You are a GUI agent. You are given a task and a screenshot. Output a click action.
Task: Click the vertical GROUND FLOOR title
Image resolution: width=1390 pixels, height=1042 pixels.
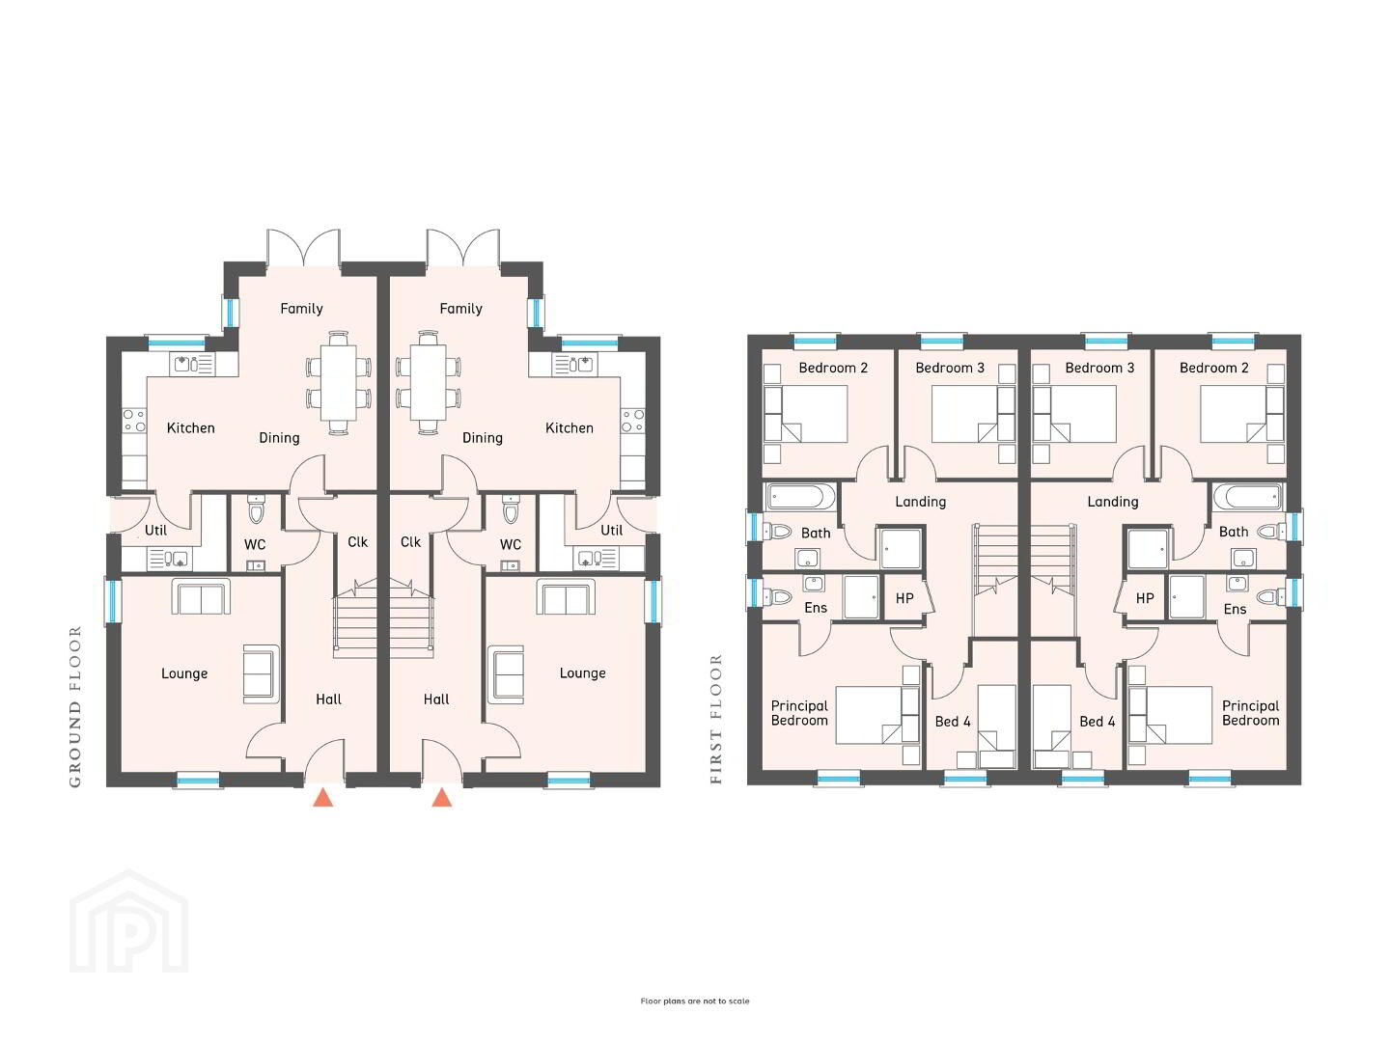(75, 706)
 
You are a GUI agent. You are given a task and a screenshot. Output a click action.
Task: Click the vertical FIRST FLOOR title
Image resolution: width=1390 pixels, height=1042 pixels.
(716, 720)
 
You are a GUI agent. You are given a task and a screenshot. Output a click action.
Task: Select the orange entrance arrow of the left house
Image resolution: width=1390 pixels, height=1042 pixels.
(323, 797)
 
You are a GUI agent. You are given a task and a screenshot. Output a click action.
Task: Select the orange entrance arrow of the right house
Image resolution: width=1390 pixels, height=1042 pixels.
(442, 797)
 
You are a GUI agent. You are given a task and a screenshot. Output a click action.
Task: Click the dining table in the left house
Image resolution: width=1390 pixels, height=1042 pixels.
(339, 382)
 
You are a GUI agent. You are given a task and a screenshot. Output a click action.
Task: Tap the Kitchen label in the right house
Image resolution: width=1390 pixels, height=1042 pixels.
(570, 428)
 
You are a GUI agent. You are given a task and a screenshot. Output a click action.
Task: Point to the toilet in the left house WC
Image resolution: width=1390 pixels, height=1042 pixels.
(256, 509)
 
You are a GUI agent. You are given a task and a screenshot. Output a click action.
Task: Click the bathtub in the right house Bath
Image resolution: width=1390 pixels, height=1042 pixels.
(1248, 497)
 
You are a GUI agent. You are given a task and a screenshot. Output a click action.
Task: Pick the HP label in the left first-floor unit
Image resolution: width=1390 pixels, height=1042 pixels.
(904, 598)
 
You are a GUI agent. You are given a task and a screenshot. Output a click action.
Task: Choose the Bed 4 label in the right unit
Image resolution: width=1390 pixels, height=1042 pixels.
(1098, 722)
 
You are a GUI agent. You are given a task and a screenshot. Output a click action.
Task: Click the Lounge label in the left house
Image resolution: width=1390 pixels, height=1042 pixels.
(184, 673)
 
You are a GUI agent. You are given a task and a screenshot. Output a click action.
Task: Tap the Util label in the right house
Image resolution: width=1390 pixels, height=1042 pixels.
(612, 531)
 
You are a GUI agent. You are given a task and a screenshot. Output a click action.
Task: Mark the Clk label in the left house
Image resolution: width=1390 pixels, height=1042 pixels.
(358, 542)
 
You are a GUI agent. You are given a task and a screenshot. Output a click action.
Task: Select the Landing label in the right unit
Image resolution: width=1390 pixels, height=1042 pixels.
(1113, 503)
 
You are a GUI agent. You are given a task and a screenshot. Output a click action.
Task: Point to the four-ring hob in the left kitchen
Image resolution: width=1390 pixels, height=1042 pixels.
(133, 421)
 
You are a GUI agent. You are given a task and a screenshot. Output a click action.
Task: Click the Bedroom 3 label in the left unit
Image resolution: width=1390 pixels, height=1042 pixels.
(950, 369)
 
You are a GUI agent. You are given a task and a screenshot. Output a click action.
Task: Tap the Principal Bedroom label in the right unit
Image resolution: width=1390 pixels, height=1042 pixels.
(1251, 713)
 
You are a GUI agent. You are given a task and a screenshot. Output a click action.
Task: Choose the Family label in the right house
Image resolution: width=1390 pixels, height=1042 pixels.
(461, 309)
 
